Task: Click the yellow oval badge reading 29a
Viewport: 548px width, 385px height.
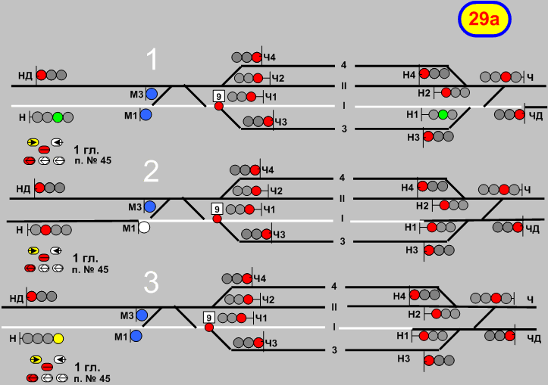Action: [484, 20]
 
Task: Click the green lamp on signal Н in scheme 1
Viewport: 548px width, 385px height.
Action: [58, 117]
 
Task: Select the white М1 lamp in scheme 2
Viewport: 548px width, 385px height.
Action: [145, 227]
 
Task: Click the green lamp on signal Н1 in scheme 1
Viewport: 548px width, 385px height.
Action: [443, 115]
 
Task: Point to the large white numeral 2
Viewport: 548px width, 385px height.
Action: [152, 172]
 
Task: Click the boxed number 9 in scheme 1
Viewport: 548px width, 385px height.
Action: [219, 96]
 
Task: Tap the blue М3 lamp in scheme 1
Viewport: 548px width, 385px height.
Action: [151, 94]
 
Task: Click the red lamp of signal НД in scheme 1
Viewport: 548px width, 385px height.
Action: [42, 75]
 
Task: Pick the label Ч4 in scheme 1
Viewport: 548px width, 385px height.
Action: [270, 57]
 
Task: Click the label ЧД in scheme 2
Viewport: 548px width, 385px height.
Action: [536, 227]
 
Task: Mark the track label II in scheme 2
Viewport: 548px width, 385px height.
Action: [343, 198]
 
